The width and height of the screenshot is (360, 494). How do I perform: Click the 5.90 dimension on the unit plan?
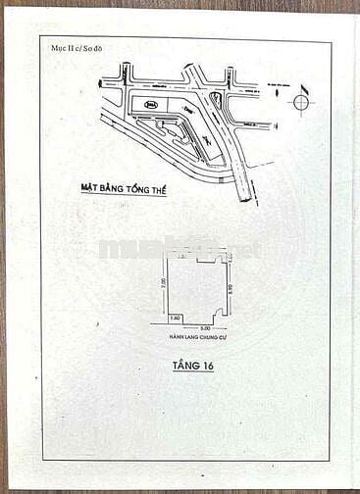pos(228,284)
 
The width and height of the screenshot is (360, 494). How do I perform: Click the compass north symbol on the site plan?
pos(301,102)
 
